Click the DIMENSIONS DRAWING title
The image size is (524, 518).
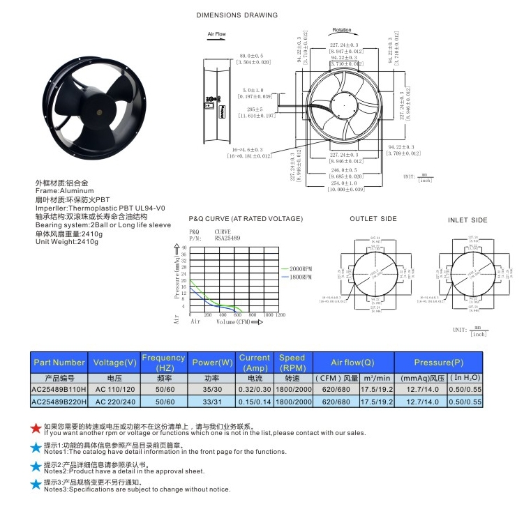click(237, 15)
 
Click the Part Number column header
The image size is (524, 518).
click(59, 363)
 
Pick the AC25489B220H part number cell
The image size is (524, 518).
click(59, 402)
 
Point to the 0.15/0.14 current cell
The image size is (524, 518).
click(254, 402)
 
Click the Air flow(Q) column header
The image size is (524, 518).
click(352, 363)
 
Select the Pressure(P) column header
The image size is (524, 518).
click(438, 363)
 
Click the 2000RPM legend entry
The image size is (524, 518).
click(296, 268)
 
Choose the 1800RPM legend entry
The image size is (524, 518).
click(296, 277)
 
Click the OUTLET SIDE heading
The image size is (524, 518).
click(373, 219)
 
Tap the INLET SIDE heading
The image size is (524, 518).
click(467, 220)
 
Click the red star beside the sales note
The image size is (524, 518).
click(36, 428)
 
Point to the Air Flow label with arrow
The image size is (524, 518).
click(216, 34)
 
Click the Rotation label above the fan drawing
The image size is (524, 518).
click(342, 30)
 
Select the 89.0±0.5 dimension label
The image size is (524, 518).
click(252, 55)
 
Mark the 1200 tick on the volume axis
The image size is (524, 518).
click(280, 315)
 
